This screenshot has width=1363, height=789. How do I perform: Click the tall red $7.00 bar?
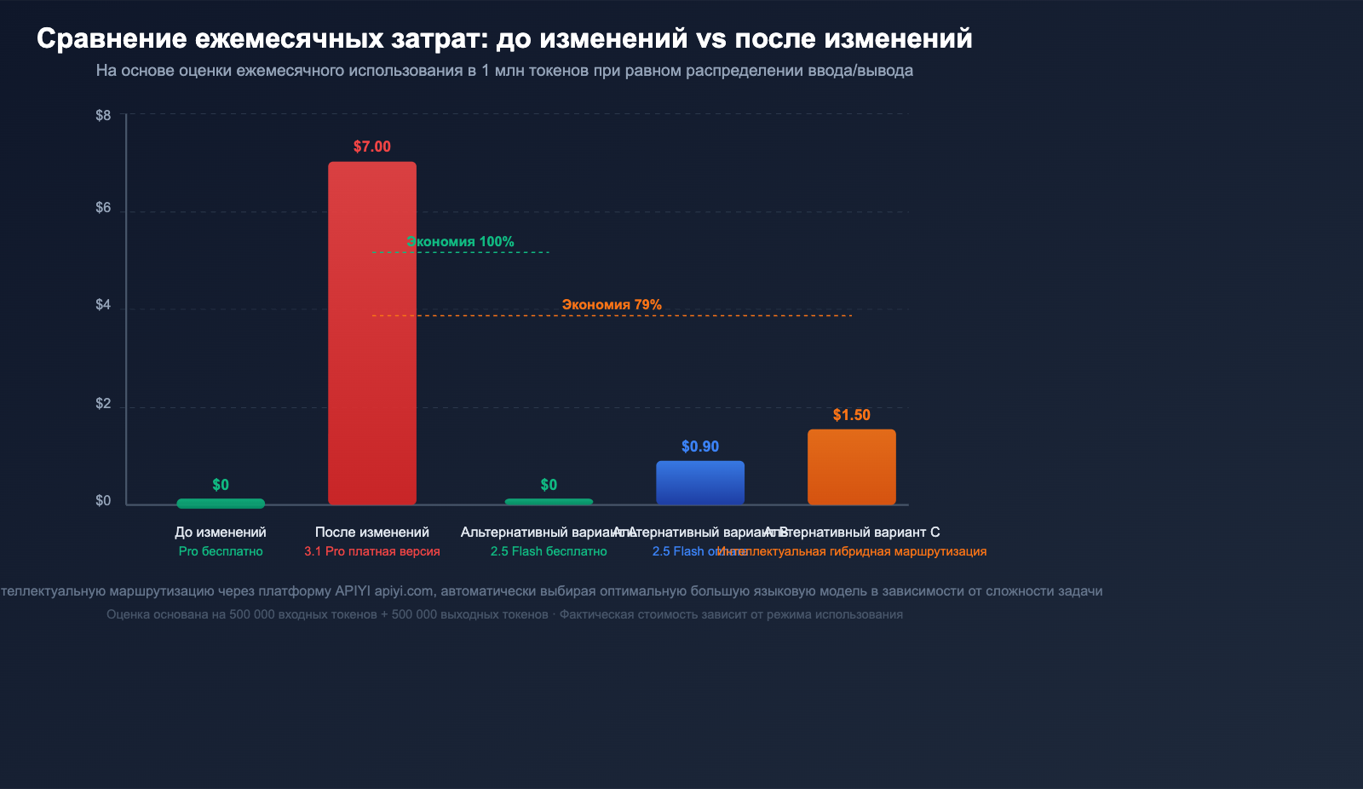[372, 332]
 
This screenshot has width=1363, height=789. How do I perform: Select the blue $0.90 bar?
[700, 482]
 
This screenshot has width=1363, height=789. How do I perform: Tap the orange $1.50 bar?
[851, 467]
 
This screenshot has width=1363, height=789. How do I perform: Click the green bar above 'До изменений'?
[221, 503]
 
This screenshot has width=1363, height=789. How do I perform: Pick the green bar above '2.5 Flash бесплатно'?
[549, 502]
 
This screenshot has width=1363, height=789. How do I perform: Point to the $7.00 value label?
[372, 147]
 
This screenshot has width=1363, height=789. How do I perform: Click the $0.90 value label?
[700, 446]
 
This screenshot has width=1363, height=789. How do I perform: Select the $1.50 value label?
[851, 415]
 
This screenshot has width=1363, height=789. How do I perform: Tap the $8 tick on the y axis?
[103, 115]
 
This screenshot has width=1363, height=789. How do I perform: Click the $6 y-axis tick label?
[103, 208]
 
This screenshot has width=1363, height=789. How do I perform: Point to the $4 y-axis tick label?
[103, 305]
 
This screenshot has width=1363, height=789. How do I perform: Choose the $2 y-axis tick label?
[103, 403]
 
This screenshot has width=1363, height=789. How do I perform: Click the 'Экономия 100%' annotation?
[460, 242]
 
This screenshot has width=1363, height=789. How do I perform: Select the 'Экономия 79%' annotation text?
[612, 305]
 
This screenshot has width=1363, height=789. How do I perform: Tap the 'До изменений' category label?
[221, 532]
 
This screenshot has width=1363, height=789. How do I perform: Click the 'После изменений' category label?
[372, 532]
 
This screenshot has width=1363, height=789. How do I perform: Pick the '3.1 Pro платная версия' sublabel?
[372, 551]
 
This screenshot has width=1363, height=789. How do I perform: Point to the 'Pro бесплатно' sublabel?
[221, 551]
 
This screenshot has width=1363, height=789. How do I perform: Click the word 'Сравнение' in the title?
[112, 38]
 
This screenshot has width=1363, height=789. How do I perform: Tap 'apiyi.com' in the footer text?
[404, 591]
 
